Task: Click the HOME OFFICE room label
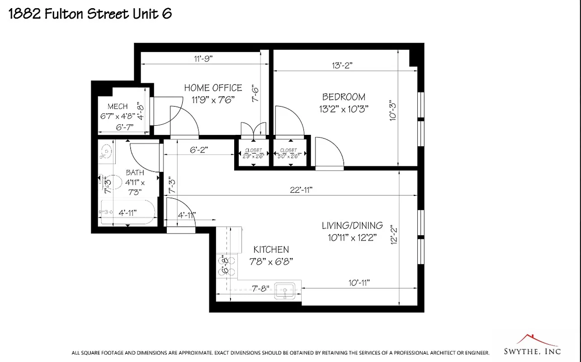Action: pos(213,88)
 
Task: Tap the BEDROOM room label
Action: pos(344,97)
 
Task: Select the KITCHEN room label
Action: pos(271,250)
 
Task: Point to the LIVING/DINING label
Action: pos(352,225)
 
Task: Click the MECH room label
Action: pos(118,106)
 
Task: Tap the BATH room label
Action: pos(135,172)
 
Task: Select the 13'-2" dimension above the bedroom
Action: pos(342,65)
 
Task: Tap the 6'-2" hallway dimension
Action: pos(199,149)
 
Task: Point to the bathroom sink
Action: pos(107,151)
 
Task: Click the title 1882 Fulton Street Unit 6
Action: pos(90,14)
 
